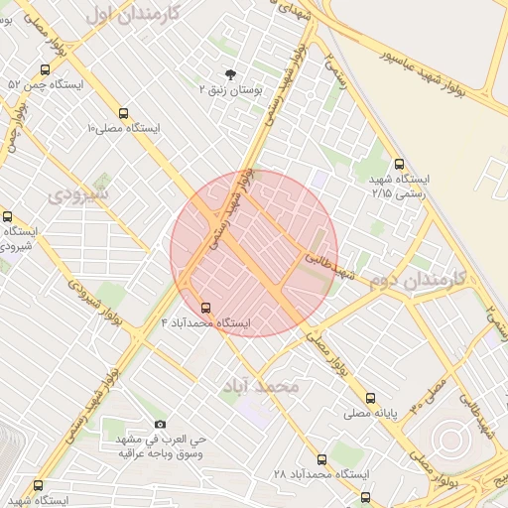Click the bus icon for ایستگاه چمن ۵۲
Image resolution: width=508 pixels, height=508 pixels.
tap(45, 70)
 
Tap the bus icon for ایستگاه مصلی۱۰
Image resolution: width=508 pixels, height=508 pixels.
tap(123, 113)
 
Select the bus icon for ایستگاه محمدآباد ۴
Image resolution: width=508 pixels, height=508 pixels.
tap(206, 308)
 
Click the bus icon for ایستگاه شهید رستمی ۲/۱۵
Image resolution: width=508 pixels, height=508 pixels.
tap(399, 165)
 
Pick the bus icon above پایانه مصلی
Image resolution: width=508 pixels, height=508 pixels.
tap(371, 397)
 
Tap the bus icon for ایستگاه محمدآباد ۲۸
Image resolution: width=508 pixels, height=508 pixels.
tap(321, 459)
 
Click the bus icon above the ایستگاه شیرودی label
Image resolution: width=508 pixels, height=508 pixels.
tap(8, 216)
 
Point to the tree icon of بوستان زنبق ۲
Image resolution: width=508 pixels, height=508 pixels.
tap(231, 74)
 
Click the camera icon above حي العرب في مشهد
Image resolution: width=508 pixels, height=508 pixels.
tap(161, 424)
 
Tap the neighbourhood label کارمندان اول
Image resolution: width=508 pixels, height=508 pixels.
tap(131, 13)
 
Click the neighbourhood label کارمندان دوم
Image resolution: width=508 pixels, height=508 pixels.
tap(422, 282)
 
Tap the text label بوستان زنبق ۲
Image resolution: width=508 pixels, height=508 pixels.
tap(230, 90)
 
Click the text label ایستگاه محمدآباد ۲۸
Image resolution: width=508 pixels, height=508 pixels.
tap(315, 475)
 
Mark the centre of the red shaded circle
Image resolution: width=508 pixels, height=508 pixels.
tap(254, 253)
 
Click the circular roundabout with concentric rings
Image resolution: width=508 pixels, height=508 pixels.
tap(450, 438)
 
